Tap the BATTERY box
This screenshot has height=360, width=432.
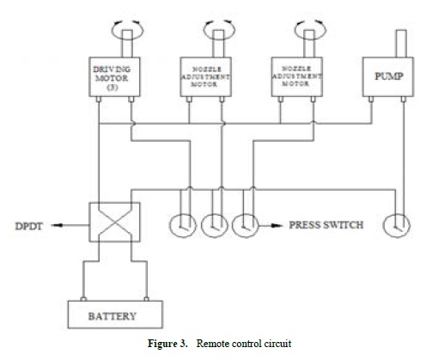[112, 315]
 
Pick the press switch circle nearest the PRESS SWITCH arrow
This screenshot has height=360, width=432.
[246, 226]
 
